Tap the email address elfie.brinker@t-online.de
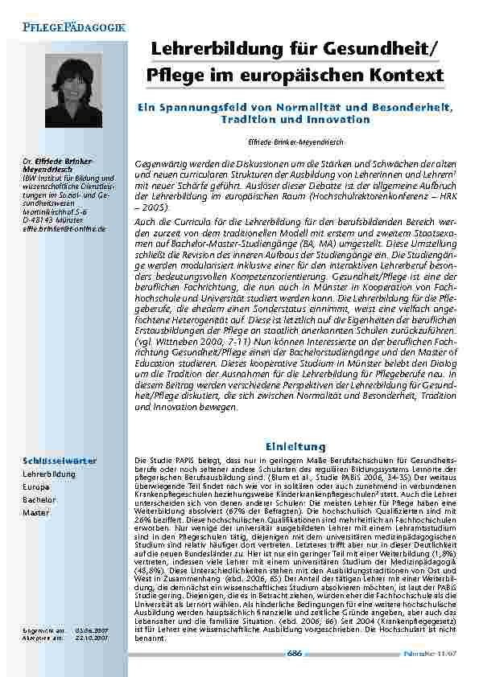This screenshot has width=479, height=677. click(64, 229)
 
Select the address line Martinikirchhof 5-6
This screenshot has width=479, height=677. click(55, 213)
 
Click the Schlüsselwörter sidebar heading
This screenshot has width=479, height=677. click(60, 460)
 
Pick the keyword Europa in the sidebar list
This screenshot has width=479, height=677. click(35, 487)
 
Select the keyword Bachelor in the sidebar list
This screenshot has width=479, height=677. click(38, 499)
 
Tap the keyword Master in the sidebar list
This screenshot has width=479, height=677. click(35, 512)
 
